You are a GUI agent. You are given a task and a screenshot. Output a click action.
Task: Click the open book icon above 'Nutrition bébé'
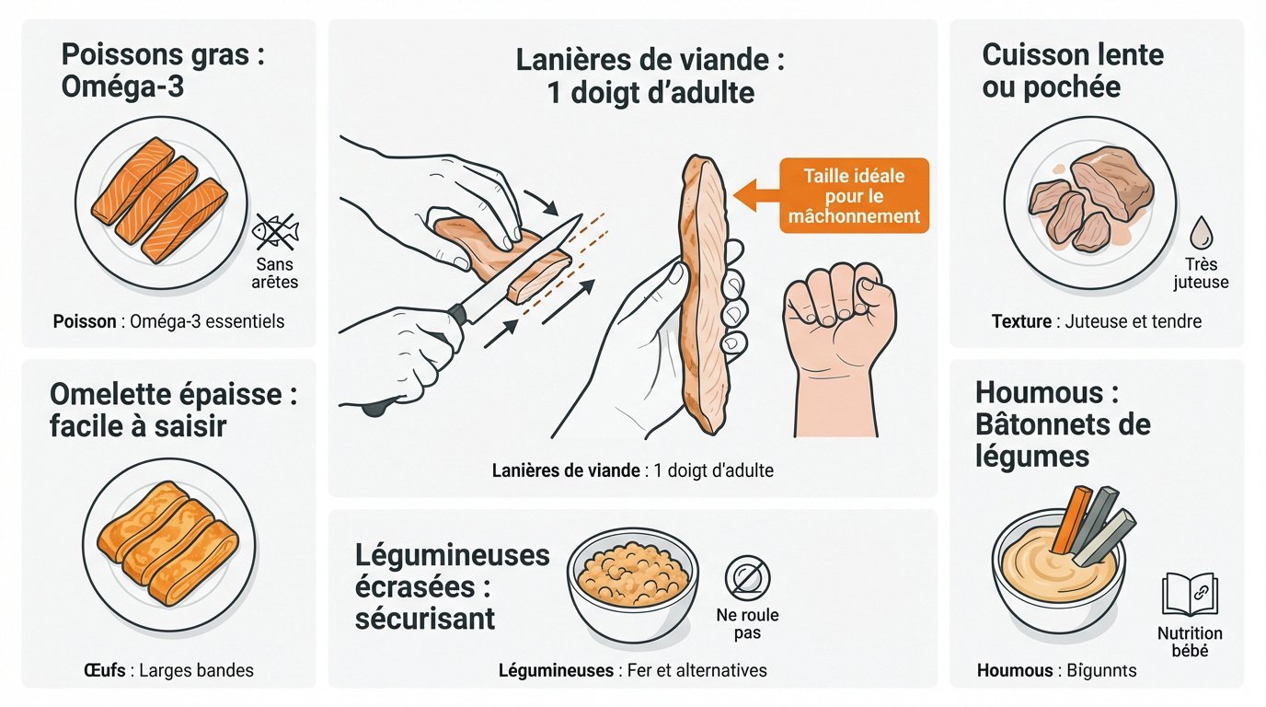click(x=1190, y=594)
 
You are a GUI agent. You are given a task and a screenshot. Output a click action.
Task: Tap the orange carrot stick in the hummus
click(x=1070, y=521)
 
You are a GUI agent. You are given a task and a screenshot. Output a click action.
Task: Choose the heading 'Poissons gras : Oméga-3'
click(x=163, y=72)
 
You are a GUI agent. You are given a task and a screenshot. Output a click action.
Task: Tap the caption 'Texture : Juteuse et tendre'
click(x=1096, y=321)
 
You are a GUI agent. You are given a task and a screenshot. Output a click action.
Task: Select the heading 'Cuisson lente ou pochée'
click(x=1073, y=71)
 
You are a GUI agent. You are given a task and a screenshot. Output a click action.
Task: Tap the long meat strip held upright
click(x=706, y=295)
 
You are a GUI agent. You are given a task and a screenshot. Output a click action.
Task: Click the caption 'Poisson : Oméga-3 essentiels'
click(x=168, y=321)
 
